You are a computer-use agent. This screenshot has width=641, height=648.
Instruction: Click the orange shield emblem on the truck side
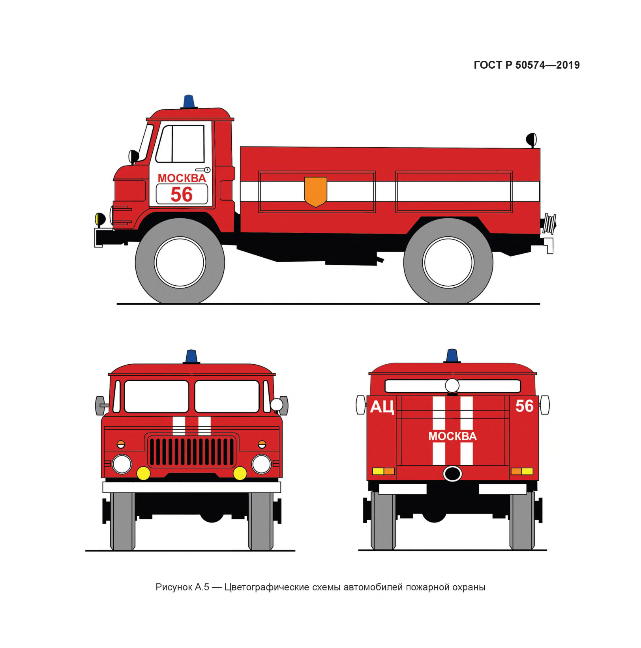tap(316, 191)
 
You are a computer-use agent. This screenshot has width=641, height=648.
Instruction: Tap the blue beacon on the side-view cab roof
tap(189, 101)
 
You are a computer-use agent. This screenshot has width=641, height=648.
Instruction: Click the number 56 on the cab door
tap(182, 195)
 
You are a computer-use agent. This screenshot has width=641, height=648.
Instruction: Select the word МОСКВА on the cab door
tap(182, 178)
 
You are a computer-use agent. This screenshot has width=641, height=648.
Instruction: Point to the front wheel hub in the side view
tap(180, 262)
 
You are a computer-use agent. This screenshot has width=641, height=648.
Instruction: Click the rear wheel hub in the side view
tap(448, 262)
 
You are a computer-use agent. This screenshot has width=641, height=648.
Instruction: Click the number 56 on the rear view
tap(525, 406)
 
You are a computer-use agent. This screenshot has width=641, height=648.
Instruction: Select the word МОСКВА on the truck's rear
tap(452, 436)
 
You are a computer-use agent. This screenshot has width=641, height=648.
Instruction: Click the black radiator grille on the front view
tap(192, 451)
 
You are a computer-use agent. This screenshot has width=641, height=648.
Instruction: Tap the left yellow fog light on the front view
tap(143, 473)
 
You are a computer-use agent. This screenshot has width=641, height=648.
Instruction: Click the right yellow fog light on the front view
tap(240, 473)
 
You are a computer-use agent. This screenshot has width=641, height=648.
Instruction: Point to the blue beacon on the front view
tap(191, 357)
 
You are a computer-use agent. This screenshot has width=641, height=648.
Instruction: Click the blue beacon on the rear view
tap(452, 356)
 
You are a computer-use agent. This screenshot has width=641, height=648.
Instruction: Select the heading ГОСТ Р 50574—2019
tap(527, 65)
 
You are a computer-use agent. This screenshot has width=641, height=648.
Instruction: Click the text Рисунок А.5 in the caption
tap(182, 587)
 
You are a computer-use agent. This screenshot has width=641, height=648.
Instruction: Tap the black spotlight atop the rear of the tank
tap(531, 139)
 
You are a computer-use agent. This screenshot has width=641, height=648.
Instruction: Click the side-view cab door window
tap(180, 144)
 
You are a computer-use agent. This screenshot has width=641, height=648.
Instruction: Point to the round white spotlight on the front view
tap(276, 405)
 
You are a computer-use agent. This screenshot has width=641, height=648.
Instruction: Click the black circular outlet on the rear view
tap(452, 473)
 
